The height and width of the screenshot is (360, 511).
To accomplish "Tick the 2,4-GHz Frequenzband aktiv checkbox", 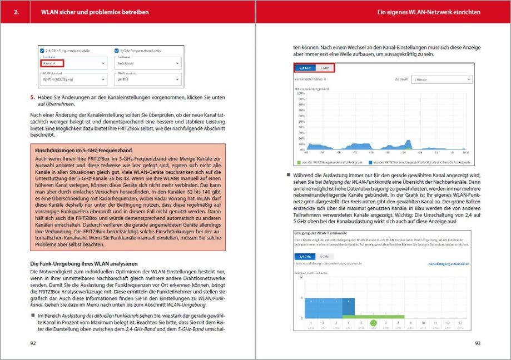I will [42, 51].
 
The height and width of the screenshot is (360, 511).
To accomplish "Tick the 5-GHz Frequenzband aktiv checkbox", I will [117, 51].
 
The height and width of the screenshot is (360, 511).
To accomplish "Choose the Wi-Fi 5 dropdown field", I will [147, 79].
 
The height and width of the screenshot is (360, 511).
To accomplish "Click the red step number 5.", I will [32, 97].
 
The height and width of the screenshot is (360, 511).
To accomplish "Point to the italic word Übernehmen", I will [61, 104].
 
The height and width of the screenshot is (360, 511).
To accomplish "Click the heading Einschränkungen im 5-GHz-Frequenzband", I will [83, 150].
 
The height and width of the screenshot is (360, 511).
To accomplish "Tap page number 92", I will [33, 343].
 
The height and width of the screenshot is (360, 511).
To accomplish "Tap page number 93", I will [477, 343].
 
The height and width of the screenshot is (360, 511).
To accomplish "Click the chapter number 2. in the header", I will [17, 12].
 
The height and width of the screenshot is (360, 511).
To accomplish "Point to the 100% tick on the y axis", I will [301, 93].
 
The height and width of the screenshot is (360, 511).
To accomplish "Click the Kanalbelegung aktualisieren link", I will [449, 264].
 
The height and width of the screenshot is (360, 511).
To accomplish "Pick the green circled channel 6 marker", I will [373, 322].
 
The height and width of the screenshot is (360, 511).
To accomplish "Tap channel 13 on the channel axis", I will [462, 322].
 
